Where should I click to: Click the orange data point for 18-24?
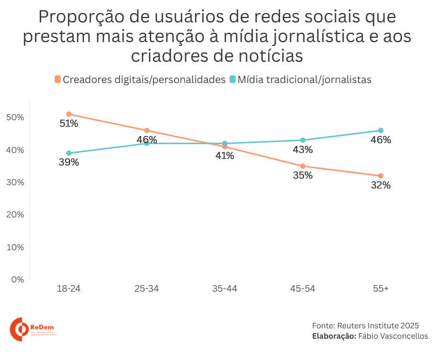tap(69, 114)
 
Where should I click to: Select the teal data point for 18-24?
tap(69, 153)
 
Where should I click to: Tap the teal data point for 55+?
tap(380, 131)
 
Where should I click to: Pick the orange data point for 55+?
tap(380, 176)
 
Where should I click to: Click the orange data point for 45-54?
tap(303, 166)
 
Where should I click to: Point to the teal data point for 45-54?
tap(303, 140)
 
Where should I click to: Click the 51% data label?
tap(69, 123)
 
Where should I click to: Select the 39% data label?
tap(69, 162)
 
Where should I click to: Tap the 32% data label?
tap(380, 185)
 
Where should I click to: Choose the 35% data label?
tap(303, 175)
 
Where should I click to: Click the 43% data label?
tap(303, 150)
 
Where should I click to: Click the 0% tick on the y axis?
tap(17, 280)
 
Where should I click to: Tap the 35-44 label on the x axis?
tap(225, 288)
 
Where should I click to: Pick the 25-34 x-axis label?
tap(146, 288)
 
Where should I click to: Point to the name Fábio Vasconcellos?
tap(393, 336)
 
